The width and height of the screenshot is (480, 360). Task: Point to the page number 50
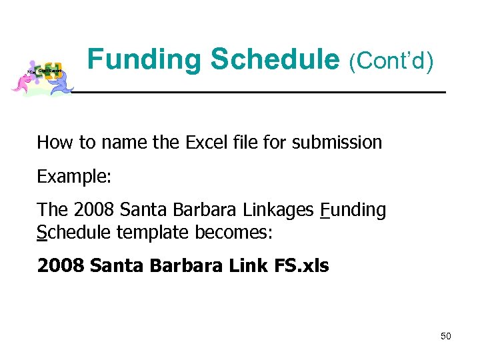[x=445, y=336]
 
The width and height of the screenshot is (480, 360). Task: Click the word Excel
[x=205, y=142]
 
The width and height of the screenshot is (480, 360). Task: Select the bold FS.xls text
[x=301, y=266]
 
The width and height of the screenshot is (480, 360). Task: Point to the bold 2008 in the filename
[x=61, y=266]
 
